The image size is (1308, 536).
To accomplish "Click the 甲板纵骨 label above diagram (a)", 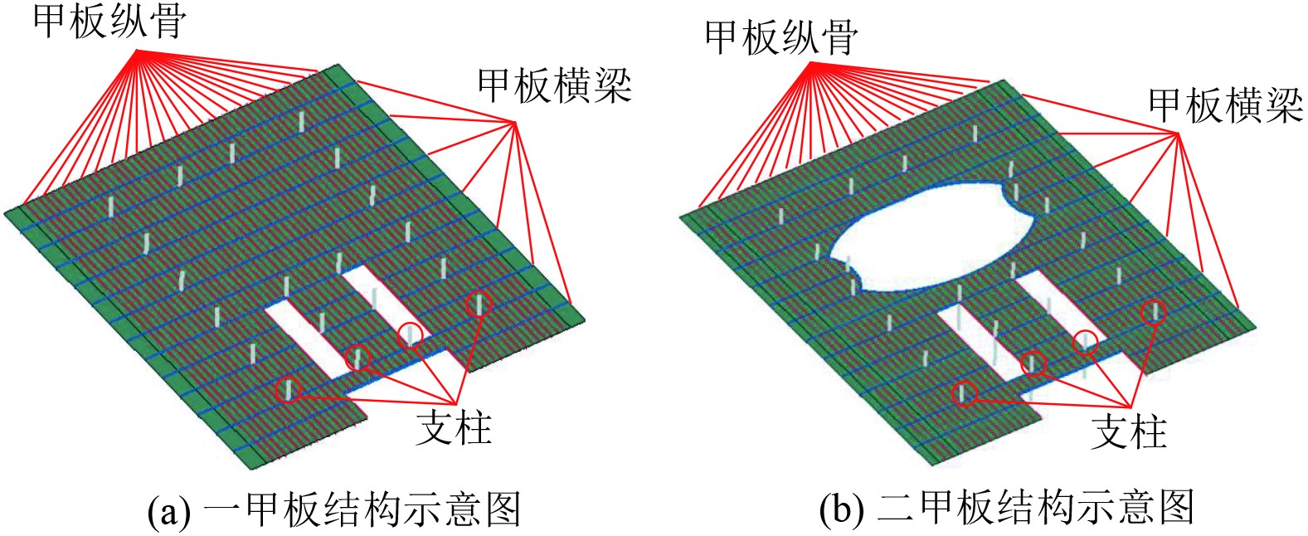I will click(109, 22).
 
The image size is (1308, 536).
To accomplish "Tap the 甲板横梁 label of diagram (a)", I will click(554, 86).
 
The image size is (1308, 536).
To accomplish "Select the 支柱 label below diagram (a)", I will click(454, 427).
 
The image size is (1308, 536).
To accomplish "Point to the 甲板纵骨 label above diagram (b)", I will click(781, 37).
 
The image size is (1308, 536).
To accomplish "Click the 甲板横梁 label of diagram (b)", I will click(1225, 105).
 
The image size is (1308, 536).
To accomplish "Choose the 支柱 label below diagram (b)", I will click(1128, 431).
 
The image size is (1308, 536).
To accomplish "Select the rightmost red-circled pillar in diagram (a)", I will click(478, 304).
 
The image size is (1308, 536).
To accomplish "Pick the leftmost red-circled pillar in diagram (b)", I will click(965, 392).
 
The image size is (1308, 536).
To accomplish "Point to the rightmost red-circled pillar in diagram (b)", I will click(1153, 311).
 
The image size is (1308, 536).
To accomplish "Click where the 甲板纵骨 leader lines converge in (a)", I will click(138, 51).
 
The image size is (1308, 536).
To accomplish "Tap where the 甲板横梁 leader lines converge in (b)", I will click(1177, 134).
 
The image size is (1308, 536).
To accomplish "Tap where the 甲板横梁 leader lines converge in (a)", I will click(515, 123).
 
